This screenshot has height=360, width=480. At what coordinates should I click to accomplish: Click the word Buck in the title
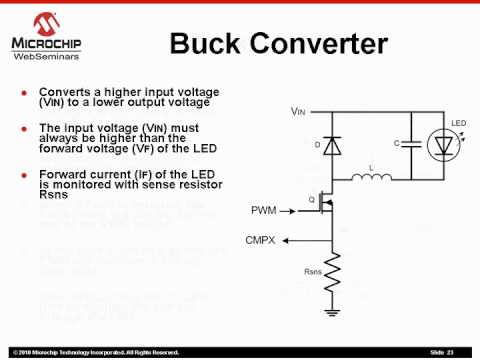click(213, 44)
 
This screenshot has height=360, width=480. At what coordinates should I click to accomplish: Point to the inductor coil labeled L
click(371, 179)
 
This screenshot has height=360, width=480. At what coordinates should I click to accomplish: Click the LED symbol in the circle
click(443, 146)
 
